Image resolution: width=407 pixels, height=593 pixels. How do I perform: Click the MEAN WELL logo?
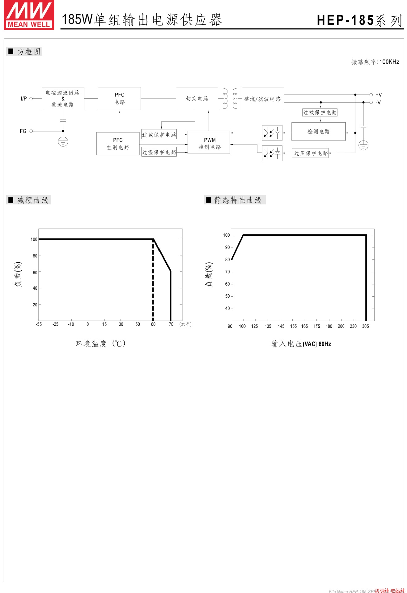coord(29,15)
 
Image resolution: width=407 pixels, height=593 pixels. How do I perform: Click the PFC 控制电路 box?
coord(118,144)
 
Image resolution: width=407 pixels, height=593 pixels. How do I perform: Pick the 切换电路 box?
coord(197,99)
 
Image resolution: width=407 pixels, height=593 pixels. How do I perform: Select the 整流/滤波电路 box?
coord(263,99)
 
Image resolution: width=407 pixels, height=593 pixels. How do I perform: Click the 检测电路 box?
coord(318,132)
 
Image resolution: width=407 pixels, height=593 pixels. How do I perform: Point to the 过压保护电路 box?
coord(310,153)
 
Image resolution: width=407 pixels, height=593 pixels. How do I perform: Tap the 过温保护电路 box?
coord(159,152)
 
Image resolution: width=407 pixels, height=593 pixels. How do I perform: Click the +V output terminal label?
coord(379,95)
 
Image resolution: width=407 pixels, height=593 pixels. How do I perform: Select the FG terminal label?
coord(23,131)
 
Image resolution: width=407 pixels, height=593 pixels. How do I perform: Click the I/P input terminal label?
coord(24,99)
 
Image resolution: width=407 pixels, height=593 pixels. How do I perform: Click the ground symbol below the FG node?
coord(63,142)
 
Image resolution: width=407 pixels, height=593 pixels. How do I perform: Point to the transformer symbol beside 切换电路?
coord(230,99)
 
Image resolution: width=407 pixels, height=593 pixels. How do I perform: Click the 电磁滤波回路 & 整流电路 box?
coord(63,99)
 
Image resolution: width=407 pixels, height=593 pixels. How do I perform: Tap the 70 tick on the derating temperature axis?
coord(171,324)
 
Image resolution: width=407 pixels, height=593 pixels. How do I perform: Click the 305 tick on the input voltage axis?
coord(365,326)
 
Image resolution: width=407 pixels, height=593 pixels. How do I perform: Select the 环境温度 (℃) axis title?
coord(100,343)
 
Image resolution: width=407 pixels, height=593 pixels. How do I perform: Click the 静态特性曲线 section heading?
coord(238,200)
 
